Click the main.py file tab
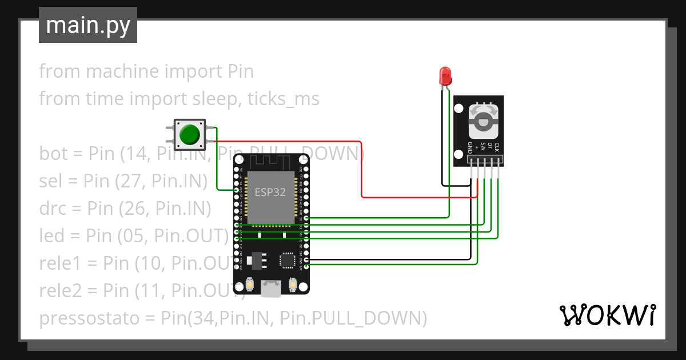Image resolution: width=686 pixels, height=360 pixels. tap(87, 25)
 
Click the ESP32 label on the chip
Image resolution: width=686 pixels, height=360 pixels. tap(270, 192)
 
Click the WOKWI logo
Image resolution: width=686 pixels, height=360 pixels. tap(607, 315)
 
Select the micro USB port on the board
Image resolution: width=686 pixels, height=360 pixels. tap(271, 288)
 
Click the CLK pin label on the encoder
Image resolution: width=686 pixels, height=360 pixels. tap(497, 147)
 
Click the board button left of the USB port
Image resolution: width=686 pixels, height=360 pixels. tap(250, 284)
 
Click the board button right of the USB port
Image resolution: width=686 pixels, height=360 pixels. tap(293, 284)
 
